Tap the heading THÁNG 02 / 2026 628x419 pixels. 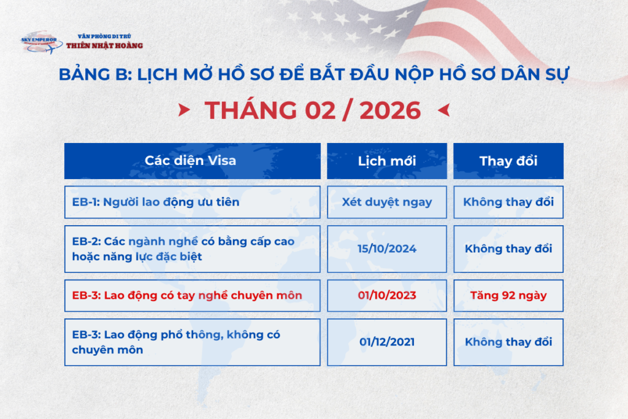click(313, 110)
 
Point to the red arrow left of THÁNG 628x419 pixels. click(183, 110)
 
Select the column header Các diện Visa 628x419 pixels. click(192, 161)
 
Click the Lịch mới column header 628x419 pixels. click(386, 161)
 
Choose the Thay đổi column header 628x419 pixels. click(508, 161)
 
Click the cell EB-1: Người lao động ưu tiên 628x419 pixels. click(192, 202)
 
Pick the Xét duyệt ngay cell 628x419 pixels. click(386, 202)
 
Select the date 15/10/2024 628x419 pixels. click(386, 248)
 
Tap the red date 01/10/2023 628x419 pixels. click(386, 295)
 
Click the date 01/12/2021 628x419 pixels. click(386, 342)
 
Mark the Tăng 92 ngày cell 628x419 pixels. click(508, 295)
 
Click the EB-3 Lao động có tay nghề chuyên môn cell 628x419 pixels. click(192, 295)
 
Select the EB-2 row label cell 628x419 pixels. click(192, 248)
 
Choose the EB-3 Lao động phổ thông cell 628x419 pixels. click(192, 342)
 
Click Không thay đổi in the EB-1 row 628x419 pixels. click(508, 202)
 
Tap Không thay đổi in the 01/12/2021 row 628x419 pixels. click(508, 342)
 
